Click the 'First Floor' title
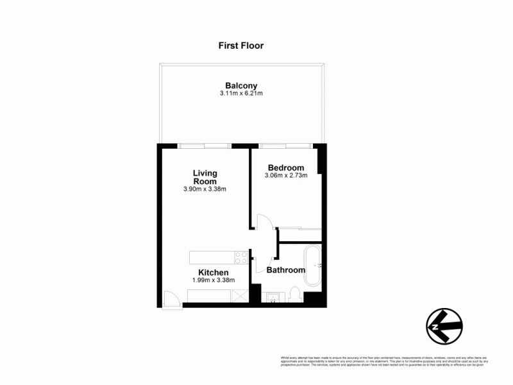coord(241,46)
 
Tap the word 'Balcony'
coord(241,85)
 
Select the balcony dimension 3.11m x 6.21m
coord(241,94)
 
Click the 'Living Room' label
coord(205,177)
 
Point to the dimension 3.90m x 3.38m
coord(205,189)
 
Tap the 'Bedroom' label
coord(286,168)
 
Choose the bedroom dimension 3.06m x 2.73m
coord(286,176)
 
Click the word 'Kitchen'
coord(214,273)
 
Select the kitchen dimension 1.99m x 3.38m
coord(214,280)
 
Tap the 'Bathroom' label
coord(286,270)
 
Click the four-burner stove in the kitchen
coord(241,257)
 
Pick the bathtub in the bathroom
coord(313,264)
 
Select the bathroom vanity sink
coord(271,296)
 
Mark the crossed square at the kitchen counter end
coord(240,295)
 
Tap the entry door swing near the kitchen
coord(171,299)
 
